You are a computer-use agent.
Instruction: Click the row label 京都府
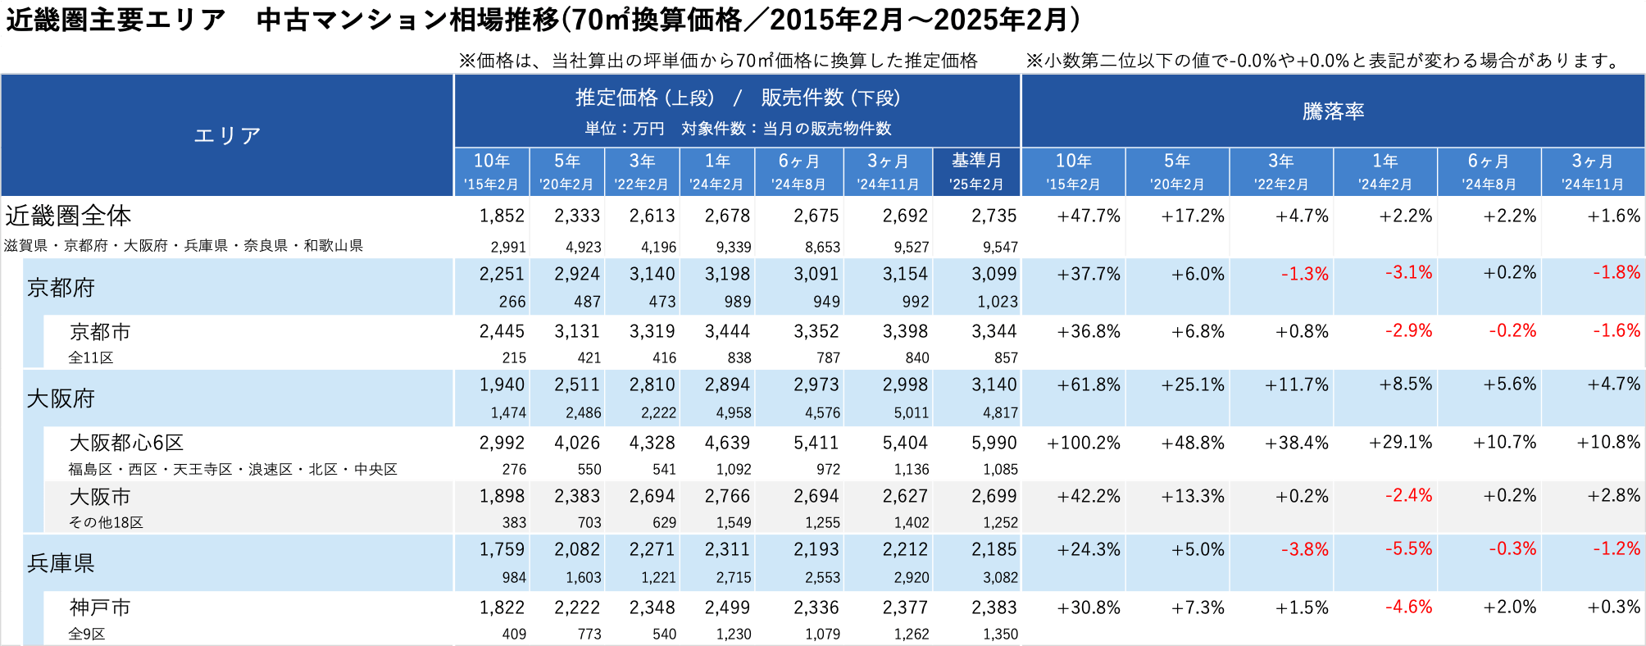click(61, 288)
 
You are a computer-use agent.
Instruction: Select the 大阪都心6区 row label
click(126, 443)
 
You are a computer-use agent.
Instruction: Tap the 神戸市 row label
click(100, 607)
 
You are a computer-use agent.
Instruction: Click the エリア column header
click(227, 135)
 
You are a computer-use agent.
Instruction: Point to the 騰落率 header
click(1333, 111)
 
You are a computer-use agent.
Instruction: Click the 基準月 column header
click(976, 161)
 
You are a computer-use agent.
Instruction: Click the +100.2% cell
click(1083, 444)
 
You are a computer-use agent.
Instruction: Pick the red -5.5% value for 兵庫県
click(1408, 548)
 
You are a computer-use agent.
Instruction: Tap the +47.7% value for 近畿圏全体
click(1088, 216)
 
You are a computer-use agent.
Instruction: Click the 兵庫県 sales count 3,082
click(1000, 578)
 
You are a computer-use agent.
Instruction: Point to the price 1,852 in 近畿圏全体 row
click(502, 216)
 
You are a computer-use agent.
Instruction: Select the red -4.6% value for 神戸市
click(1408, 607)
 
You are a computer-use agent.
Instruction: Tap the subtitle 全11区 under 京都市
click(90, 358)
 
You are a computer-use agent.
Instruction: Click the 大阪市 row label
click(100, 497)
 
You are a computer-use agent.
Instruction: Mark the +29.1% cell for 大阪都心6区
click(1400, 444)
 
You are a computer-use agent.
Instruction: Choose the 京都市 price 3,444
click(727, 332)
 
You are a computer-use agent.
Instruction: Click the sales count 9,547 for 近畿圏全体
click(1000, 247)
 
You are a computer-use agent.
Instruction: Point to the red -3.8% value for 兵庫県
click(1304, 549)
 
